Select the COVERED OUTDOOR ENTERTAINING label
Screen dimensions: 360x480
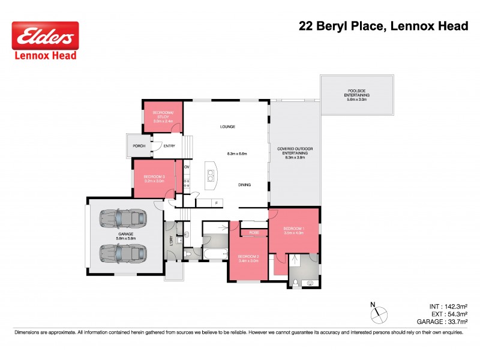(x=295, y=152)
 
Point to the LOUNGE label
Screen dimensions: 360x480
(x=227, y=127)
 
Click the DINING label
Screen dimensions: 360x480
(x=244, y=185)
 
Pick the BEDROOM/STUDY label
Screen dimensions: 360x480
(x=163, y=116)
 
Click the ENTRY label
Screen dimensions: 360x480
(x=169, y=146)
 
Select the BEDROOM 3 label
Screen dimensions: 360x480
(x=154, y=178)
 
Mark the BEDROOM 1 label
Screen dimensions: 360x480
(x=295, y=230)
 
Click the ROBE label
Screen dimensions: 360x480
(x=254, y=232)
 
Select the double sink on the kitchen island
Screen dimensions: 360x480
(x=211, y=175)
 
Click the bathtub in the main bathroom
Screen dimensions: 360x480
(x=214, y=255)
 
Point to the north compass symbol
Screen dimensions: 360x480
(x=380, y=314)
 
